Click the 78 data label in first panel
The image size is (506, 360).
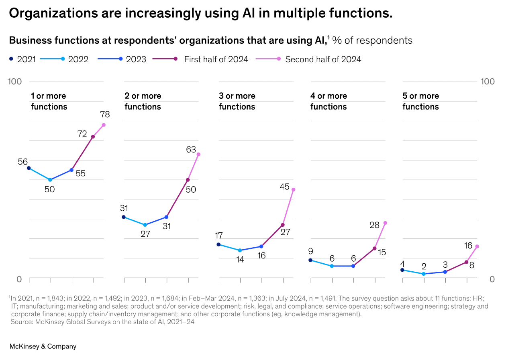(105, 115)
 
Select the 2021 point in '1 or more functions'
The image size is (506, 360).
(29, 168)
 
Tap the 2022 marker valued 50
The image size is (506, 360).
(50, 180)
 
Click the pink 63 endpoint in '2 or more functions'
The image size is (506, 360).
(198, 155)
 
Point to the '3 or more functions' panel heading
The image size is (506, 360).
(237, 101)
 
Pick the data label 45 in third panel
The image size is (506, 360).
(284, 187)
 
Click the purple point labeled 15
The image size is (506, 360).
(375, 248)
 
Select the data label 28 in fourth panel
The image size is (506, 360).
(374, 225)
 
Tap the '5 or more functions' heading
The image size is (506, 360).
(420, 101)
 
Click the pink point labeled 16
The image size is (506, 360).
(477, 246)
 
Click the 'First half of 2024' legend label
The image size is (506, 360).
(216, 59)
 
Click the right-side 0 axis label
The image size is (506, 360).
(492, 279)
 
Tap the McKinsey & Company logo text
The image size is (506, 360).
(43, 346)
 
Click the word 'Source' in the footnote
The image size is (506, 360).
(20, 322)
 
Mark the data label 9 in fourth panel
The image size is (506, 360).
(310, 252)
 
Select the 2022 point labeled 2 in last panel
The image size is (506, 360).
(424, 274)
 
